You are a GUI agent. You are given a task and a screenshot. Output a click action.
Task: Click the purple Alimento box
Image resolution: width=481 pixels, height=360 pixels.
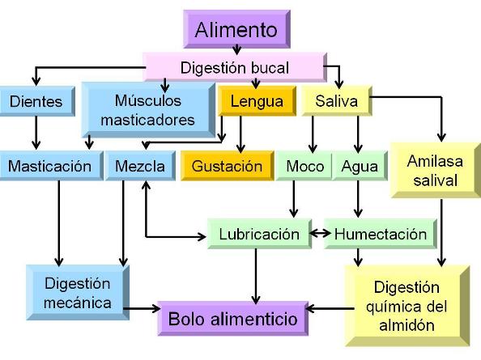click(x=236, y=29)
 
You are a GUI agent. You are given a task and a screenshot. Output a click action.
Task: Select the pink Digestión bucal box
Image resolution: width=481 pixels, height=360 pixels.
click(x=235, y=67)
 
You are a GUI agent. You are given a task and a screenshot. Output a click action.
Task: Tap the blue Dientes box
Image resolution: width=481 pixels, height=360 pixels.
click(x=36, y=101)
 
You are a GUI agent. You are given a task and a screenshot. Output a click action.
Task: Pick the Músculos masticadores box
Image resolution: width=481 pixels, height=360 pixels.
click(x=148, y=110)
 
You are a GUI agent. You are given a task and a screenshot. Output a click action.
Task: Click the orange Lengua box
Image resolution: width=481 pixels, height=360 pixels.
click(x=257, y=101)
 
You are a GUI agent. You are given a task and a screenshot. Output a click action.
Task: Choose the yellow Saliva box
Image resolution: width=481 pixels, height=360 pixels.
click(x=337, y=101)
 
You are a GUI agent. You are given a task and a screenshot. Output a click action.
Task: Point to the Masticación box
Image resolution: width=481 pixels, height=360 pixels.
click(x=51, y=166)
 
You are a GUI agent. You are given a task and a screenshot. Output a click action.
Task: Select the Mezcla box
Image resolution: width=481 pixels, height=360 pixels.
click(x=141, y=166)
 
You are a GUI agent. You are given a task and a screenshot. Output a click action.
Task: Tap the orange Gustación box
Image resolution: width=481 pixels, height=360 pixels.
click(x=227, y=166)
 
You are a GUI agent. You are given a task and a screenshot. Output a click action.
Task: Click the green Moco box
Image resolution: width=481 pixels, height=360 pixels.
click(x=304, y=166)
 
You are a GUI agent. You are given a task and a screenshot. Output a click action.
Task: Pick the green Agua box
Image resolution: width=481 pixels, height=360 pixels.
click(x=360, y=166)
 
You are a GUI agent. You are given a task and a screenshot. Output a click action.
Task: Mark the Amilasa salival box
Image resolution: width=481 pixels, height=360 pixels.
click(x=436, y=170)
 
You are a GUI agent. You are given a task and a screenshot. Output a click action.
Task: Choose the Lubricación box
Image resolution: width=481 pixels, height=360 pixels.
click(x=259, y=234)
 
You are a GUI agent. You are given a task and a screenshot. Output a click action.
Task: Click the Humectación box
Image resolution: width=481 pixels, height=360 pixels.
click(x=381, y=234)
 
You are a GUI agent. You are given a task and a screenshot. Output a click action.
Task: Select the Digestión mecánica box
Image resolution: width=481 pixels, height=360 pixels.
click(x=78, y=293)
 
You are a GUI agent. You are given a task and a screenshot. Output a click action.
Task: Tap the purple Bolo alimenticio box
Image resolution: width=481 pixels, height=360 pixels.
click(x=233, y=319)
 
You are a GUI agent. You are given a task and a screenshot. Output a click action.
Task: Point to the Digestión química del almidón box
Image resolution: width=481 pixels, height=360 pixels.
click(x=407, y=306)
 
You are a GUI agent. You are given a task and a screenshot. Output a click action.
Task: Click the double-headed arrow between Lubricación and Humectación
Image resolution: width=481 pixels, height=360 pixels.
click(x=320, y=234)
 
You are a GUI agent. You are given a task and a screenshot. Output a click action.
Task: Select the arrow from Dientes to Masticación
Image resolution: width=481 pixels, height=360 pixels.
click(x=36, y=133)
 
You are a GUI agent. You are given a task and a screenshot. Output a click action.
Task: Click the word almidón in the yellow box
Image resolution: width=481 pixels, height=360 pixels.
click(x=407, y=325)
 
